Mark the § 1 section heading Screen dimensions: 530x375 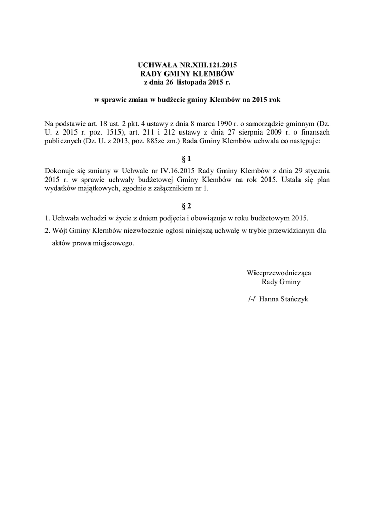[x=187, y=158]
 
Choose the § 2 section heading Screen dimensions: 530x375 [x=187, y=205]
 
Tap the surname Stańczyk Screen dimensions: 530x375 [x=294, y=299]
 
